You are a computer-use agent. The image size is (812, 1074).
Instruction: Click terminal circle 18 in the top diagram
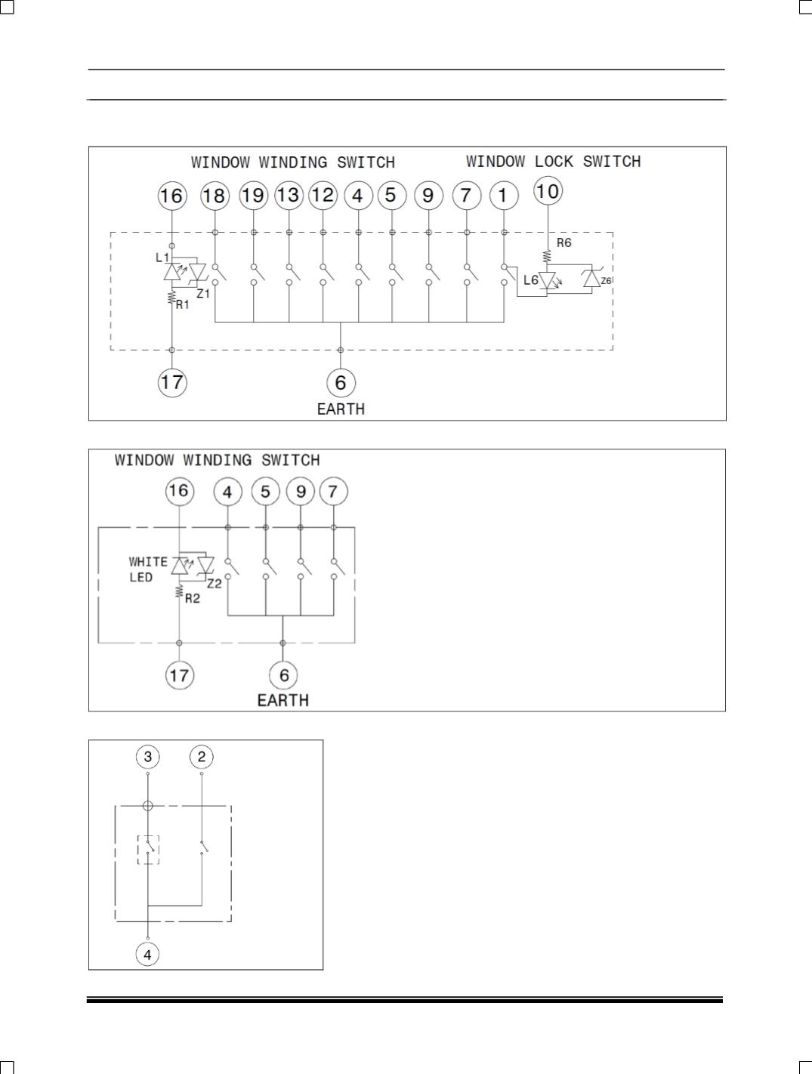(x=215, y=196)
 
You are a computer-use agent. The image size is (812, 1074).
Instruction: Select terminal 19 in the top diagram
(x=253, y=195)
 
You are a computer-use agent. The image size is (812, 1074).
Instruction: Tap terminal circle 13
(x=289, y=195)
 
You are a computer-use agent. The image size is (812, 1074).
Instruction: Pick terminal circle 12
(x=323, y=195)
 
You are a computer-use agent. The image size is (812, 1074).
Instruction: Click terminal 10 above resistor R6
(x=548, y=191)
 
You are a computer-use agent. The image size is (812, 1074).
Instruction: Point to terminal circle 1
(x=504, y=195)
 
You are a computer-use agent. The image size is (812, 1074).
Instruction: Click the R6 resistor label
(x=564, y=242)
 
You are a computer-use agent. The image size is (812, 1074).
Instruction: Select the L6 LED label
(x=531, y=280)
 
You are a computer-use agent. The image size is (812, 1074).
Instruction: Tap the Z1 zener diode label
(x=203, y=294)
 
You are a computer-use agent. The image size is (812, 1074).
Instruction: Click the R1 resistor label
(x=183, y=305)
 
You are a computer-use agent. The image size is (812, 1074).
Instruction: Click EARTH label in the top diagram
(x=341, y=409)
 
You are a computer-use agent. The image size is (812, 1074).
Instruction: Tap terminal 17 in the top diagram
(x=172, y=383)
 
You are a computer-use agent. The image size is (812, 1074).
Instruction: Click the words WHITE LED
(x=148, y=569)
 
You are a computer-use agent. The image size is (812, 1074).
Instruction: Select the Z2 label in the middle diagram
(x=215, y=584)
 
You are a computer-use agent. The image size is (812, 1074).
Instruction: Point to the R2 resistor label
(x=193, y=598)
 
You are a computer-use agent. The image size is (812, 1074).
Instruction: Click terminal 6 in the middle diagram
(x=284, y=675)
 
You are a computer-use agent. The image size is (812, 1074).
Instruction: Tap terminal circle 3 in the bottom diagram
(x=148, y=757)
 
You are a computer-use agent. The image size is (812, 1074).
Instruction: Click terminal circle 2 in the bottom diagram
(x=202, y=757)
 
